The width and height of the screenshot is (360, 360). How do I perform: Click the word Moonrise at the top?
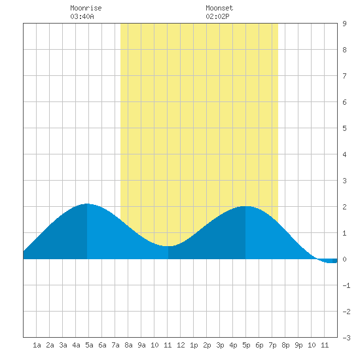tap(86, 8)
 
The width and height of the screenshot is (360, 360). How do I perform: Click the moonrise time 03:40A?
tap(82, 16)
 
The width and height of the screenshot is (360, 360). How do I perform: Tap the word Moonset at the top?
tap(219, 8)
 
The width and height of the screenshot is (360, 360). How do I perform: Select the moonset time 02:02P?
tap(217, 16)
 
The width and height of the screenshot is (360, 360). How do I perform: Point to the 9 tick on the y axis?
tap(344, 24)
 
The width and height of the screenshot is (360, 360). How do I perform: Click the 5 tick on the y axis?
tap(344, 128)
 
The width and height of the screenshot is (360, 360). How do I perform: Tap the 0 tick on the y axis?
tap(344, 259)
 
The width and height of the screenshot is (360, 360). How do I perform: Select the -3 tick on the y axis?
tap(346, 338)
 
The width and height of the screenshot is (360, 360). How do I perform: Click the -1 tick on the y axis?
tap(346, 285)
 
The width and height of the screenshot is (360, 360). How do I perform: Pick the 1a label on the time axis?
tap(37, 345)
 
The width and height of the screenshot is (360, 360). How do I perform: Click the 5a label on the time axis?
tap(89, 345)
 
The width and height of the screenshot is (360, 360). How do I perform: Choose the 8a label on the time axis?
tap(128, 345)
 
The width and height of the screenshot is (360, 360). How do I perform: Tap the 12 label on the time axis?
tap(181, 345)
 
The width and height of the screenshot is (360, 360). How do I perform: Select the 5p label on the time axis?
tap(246, 345)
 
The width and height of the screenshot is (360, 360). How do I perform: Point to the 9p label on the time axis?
tap(298, 345)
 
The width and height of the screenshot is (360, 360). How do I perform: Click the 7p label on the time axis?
tap(272, 345)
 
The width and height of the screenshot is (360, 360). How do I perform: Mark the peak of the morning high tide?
tap(87, 204)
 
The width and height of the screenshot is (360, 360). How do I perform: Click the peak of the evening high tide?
tap(245, 206)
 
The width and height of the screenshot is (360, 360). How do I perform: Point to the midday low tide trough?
tap(168, 246)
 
